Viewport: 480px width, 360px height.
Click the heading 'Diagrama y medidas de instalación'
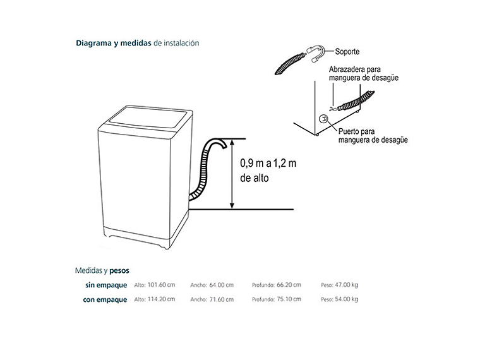pos(137,44)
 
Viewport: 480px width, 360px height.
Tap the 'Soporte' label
pos(347,52)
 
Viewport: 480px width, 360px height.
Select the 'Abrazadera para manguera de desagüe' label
pos(363,74)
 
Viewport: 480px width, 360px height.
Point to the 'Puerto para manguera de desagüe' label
pos(373,136)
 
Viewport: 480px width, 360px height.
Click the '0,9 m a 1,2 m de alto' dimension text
pos(268,171)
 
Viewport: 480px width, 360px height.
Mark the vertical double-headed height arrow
pos(233,174)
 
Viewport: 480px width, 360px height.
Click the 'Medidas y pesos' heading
pos(102,270)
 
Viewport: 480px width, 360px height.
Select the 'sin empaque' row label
pos(105,285)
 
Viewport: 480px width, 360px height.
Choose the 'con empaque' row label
pos(104,299)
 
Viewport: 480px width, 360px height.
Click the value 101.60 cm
pos(160,285)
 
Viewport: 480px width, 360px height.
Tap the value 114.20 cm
pos(160,299)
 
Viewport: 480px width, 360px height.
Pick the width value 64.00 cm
pos(220,285)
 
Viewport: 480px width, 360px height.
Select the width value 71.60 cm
pos(220,299)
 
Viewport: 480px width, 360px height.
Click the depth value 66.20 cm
pos(288,285)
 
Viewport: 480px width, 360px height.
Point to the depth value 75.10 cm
pos(288,299)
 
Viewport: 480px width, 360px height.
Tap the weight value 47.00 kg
pos(346,285)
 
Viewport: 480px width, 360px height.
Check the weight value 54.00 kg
pos(346,299)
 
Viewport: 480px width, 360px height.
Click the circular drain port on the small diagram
pos(323,119)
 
